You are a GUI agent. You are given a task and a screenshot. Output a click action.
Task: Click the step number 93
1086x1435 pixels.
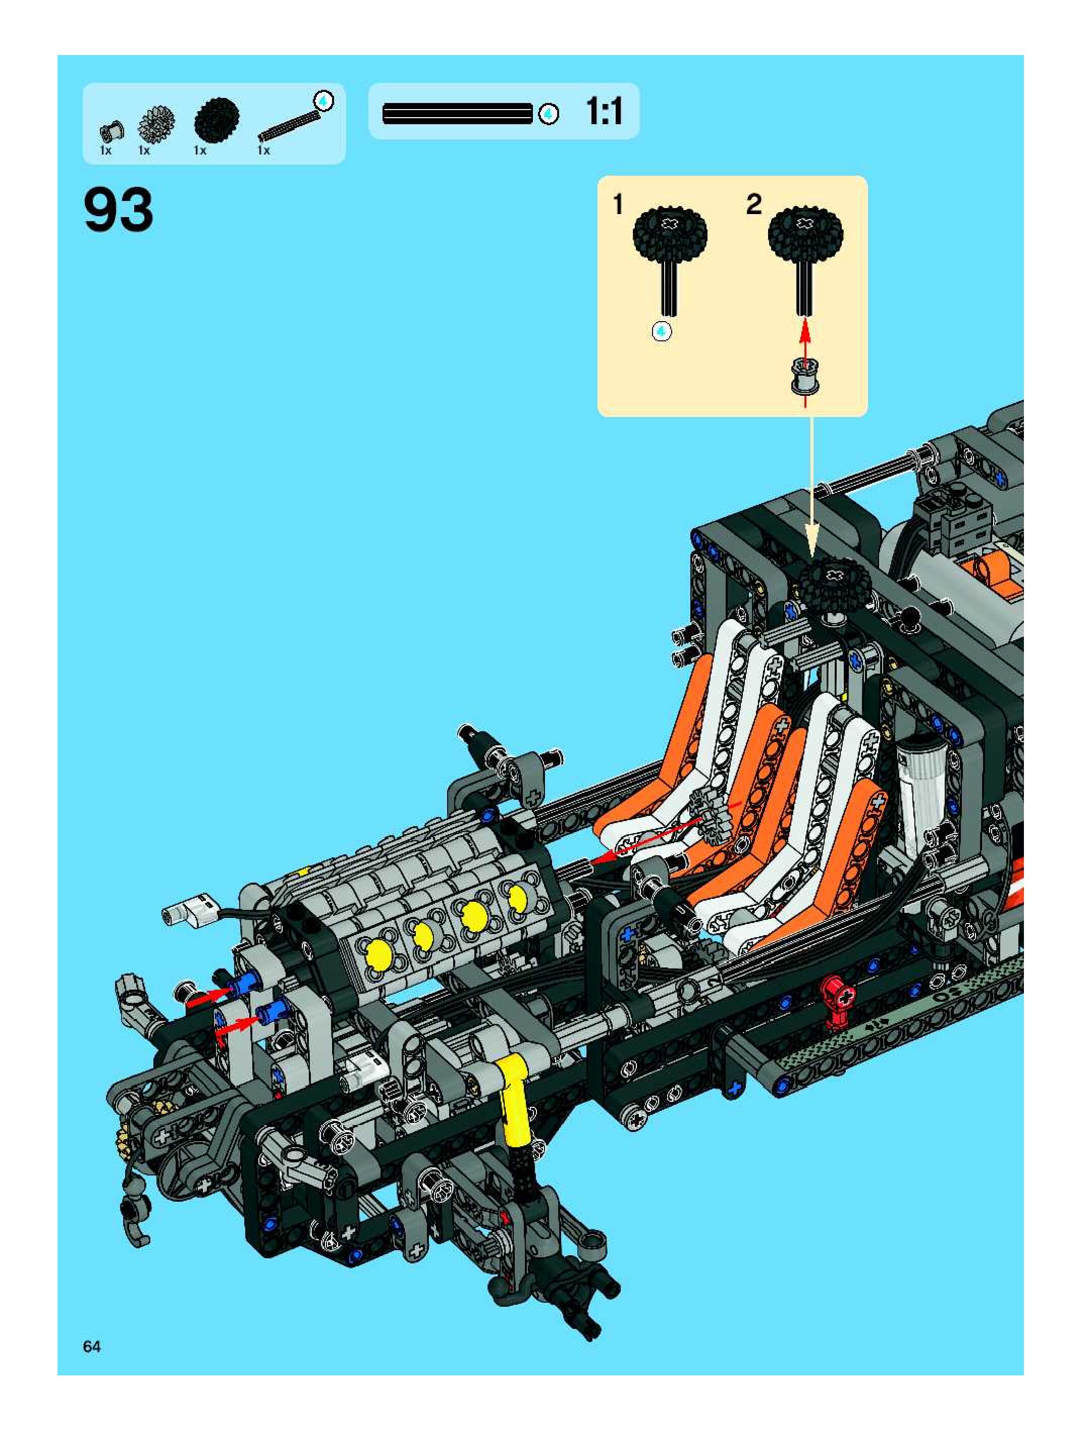click(x=119, y=210)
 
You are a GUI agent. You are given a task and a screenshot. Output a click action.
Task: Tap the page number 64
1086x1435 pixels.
click(x=92, y=1346)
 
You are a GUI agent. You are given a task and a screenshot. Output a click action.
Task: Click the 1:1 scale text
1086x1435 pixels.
click(x=604, y=112)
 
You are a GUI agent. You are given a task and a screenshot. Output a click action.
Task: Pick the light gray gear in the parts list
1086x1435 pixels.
click(x=156, y=123)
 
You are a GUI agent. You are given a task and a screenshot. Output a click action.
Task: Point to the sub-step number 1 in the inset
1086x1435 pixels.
click(x=618, y=204)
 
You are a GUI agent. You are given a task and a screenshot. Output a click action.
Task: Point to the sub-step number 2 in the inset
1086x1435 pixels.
click(x=753, y=204)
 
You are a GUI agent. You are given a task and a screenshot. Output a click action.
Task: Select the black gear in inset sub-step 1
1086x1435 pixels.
click(x=670, y=234)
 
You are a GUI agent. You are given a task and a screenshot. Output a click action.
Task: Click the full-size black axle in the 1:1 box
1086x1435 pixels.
click(x=458, y=114)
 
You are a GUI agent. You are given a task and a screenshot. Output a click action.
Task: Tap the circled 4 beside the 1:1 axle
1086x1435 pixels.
click(x=549, y=114)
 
